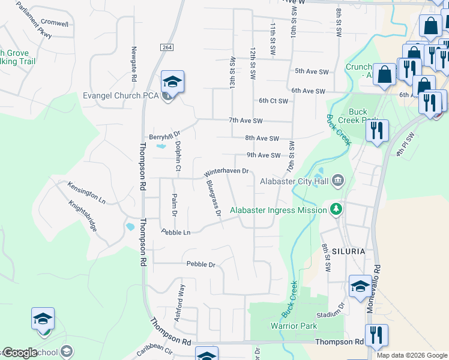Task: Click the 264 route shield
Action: tap(167, 47)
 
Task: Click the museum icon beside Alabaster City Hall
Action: tap(338, 180)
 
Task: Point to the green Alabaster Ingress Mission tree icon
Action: tap(337, 209)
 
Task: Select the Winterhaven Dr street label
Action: tap(226, 171)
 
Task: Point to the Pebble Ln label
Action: tap(175, 232)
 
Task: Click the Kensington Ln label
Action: tap(86, 191)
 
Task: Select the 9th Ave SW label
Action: tap(263, 155)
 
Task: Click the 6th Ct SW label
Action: tap(273, 101)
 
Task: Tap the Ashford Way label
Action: tap(179, 302)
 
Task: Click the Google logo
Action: tap(20, 352)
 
